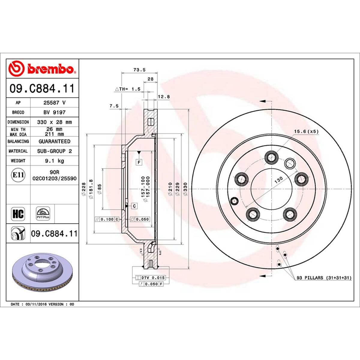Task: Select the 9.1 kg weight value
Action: click(54, 161)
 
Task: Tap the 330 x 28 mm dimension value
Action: click(54, 122)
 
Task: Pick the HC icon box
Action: click(18, 214)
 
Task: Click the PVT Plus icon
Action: click(43, 214)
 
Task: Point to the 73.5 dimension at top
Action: click(139, 70)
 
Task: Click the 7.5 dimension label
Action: click(114, 106)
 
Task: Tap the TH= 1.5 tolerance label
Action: click(128, 89)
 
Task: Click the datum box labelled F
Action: click(139, 163)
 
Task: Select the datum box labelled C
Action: click(134, 206)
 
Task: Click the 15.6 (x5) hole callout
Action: click(306, 131)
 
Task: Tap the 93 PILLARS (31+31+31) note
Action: click(324, 278)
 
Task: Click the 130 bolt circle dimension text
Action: click(279, 180)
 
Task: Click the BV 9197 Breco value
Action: click(54, 112)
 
